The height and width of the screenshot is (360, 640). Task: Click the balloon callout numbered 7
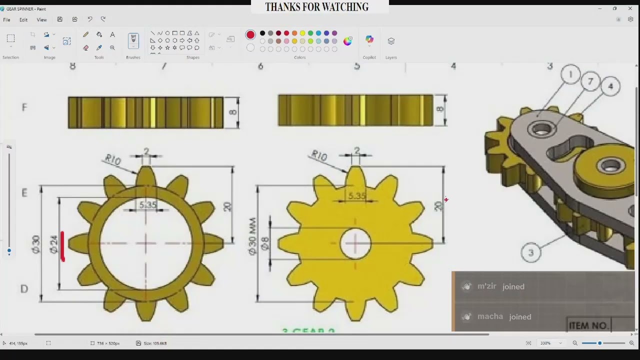click(590, 81)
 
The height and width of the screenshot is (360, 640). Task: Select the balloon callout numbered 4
click(610, 86)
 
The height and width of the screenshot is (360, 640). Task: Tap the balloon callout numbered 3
click(530, 252)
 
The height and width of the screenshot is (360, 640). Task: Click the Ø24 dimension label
click(53, 244)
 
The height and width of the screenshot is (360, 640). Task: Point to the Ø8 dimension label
click(265, 243)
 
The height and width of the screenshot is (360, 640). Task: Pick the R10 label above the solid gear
click(318, 155)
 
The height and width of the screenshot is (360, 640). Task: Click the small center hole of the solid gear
click(355, 244)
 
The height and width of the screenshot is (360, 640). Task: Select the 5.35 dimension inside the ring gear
click(147, 204)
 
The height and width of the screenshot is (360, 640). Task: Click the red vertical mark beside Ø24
click(62, 246)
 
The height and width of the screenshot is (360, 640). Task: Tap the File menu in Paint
click(6, 19)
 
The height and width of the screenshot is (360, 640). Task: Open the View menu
click(41, 19)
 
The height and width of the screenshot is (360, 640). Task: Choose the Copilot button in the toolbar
click(369, 40)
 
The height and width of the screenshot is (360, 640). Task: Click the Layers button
click(391, 41)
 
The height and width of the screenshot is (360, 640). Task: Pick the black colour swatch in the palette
click(262, 33)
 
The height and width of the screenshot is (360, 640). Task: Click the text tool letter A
click(112, 34)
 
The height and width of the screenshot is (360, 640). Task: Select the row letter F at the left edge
click(24, 107)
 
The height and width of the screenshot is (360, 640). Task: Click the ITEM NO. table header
click(588, 325)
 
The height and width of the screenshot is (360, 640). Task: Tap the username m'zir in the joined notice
click(486, 286)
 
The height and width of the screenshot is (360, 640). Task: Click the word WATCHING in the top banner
click(344, 7)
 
